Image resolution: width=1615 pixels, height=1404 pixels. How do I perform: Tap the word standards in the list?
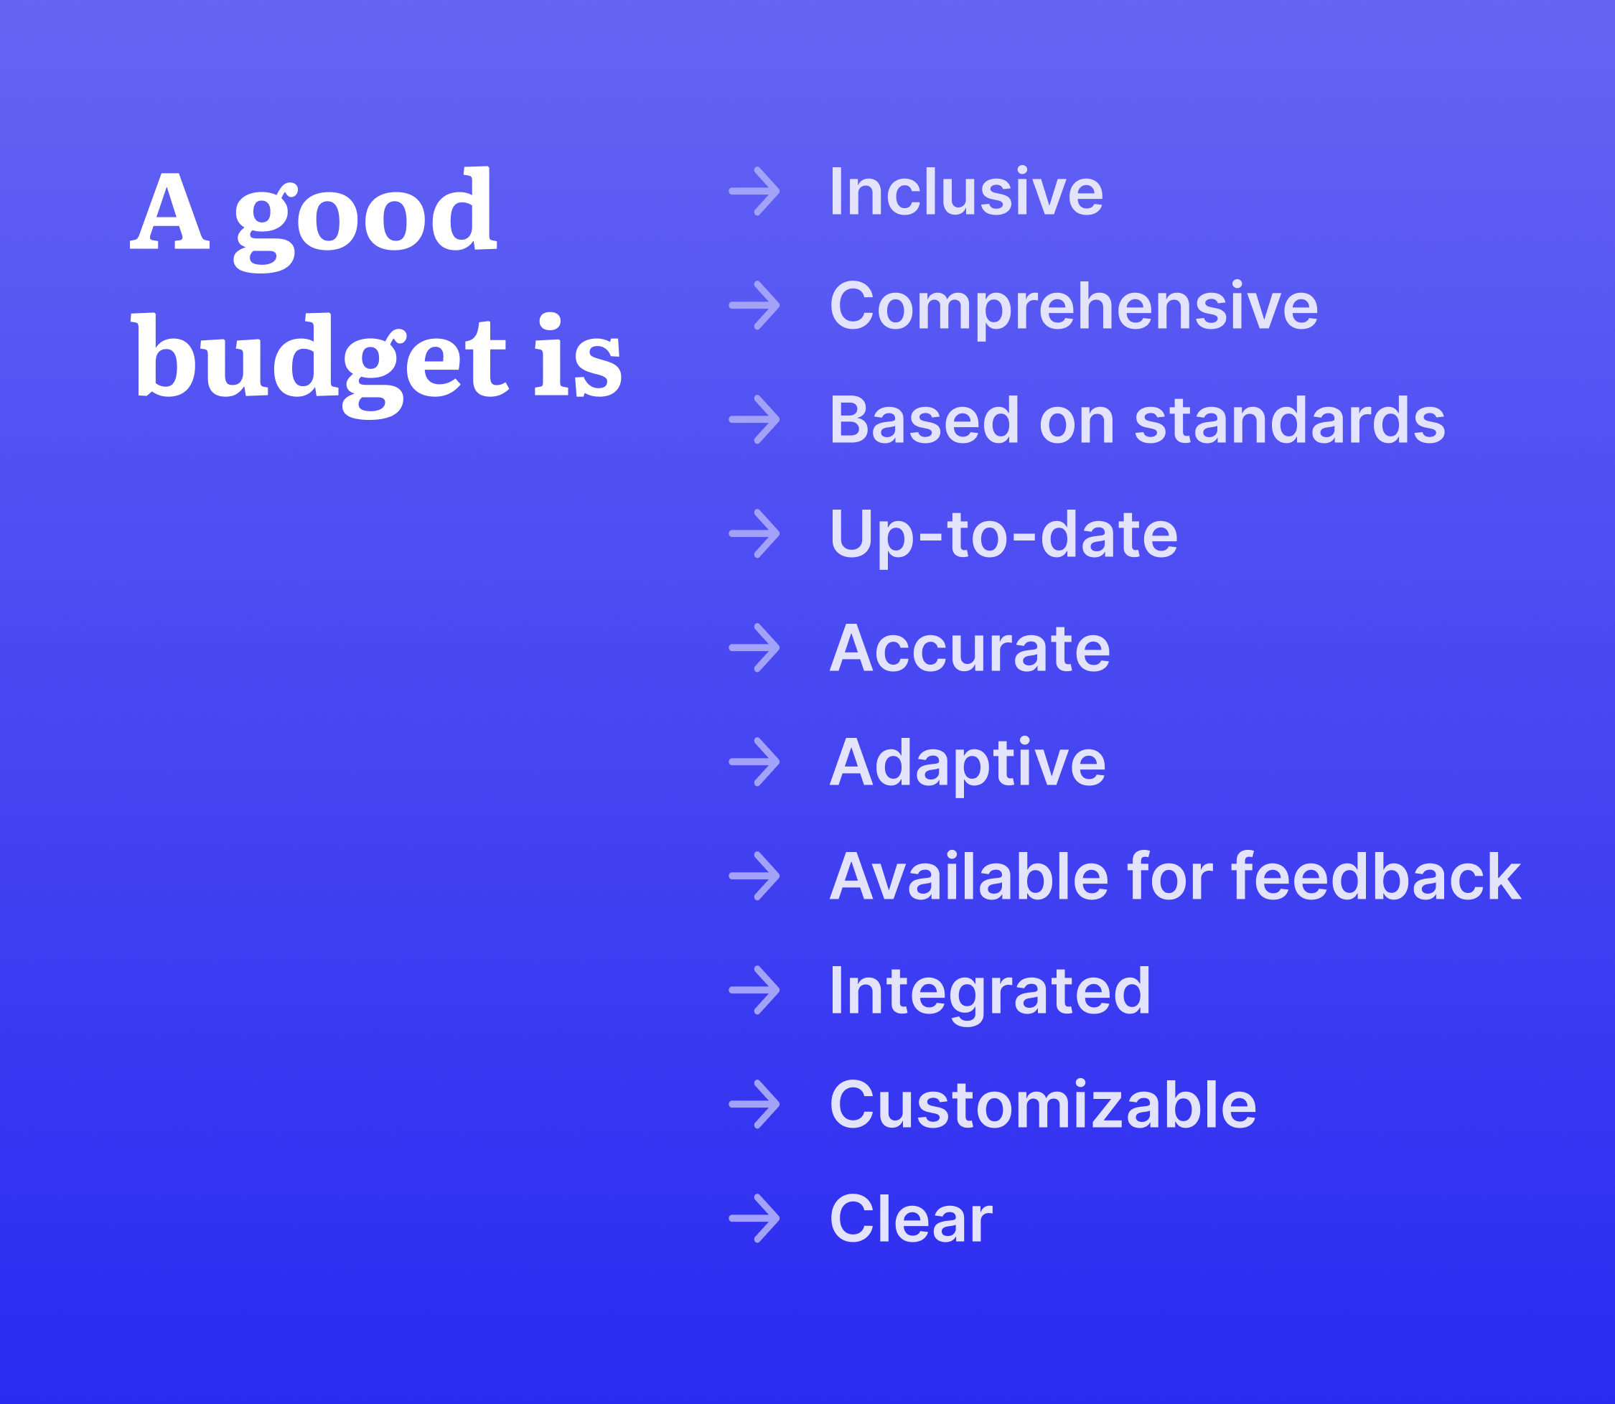click(1290, 420)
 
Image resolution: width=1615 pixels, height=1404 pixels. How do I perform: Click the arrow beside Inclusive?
click(754, 190)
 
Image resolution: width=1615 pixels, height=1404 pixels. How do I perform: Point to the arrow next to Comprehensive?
click(754, 305)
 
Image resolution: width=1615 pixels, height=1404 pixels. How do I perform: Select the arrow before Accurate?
click(754, 648)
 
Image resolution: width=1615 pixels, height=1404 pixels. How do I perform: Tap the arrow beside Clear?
click(754, 1218)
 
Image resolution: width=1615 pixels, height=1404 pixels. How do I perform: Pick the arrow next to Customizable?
click(754, 1104)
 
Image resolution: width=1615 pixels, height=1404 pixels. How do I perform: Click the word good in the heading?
click(365, 220)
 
